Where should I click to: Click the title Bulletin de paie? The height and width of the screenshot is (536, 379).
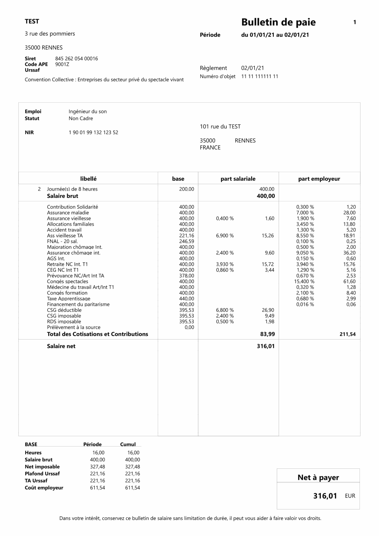click(x=278, y=22)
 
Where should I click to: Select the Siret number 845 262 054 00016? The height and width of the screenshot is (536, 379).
click(x=76, y=59)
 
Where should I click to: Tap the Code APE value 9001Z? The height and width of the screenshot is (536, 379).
click(x=62, y=64)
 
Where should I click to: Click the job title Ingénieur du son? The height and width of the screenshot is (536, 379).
click(x=88, y=111)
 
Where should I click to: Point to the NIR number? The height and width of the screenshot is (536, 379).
click(x=93, y=132)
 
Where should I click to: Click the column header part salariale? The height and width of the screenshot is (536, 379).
click(x=238, y=179)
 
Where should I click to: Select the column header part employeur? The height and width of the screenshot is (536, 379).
click(x=319, y=179)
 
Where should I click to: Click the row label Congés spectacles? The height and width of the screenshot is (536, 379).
click(x=68, y=281)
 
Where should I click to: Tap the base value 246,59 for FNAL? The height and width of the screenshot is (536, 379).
click(x=187, y=241)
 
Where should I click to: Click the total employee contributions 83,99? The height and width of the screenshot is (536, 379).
click(x=266, y=334)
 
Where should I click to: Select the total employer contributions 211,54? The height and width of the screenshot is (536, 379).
click(x=348, y=334)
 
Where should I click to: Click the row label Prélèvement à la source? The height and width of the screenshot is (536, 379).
click(x=74, y=327)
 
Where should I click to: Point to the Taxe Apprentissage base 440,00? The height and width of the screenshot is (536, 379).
click(x=187, y=299)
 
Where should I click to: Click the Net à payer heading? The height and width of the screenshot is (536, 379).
click(x=318, y=478)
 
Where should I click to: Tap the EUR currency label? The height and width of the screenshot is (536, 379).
click(x=350, y=496)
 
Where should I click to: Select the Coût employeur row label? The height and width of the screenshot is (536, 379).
click(x=44, y=488)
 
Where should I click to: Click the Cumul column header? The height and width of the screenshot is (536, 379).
click(x=128, y=444)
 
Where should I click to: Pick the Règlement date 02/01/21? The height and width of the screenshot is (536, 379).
click(x=253, y=68)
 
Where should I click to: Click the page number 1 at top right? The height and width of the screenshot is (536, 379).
click(x=355, y=23)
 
